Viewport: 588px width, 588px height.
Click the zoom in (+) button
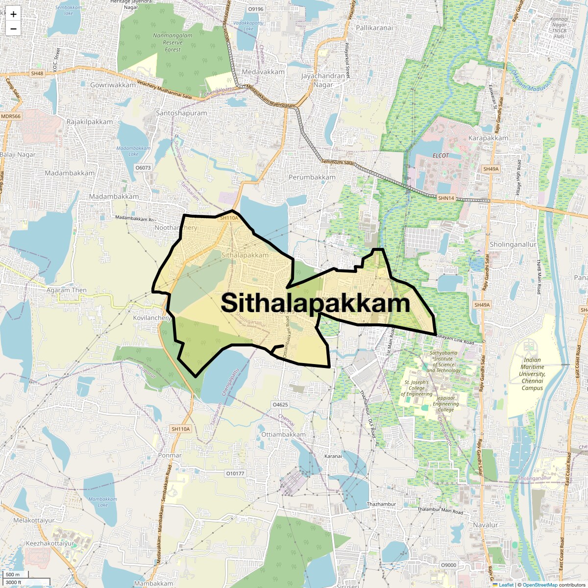click(x=13, y=14)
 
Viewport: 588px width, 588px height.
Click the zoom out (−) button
click(x=13, y=29)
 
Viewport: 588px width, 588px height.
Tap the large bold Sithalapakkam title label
click(x=315, y=303)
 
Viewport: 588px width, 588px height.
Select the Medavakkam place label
click(x=263, y=72)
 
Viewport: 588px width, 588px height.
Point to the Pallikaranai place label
click(x=374, y=28)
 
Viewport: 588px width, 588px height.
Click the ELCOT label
click(x=441, y=155)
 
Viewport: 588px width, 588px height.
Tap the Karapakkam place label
click(x=488, y=138)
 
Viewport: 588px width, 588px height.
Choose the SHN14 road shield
click(x=446, y=198)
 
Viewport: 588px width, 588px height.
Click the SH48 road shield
click(x=37, y=73)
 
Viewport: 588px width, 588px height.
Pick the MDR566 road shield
click(x=11, y=116)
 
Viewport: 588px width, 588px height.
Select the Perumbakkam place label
click(x=312, y=177)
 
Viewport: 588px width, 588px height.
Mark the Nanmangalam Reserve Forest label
click(x=172, y=43)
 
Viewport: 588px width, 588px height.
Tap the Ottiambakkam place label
click(x=283, y=435)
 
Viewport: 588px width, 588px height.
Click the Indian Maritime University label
click(x=532, y=374)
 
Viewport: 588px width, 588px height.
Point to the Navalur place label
click(x=485, y=525)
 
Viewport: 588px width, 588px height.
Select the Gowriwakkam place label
click(x=113, y=85)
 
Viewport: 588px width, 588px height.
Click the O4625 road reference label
click(x=280, y=405)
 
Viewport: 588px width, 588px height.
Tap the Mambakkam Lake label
click(x=102, y=502)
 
